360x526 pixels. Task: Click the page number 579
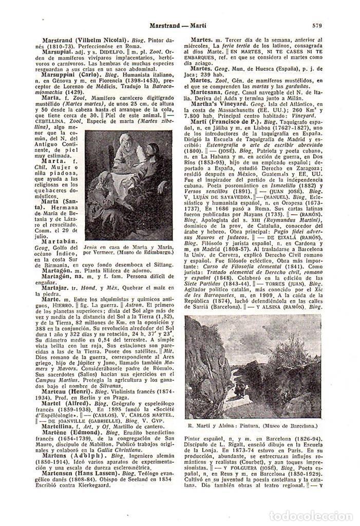point(316,25)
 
